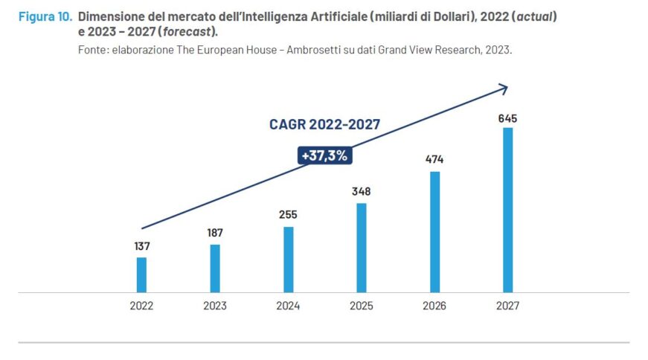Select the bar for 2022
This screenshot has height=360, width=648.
141,274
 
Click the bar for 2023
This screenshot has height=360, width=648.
215,268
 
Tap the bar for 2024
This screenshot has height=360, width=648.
289,259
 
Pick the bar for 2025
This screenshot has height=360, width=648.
362,247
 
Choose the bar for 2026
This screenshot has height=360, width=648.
434,231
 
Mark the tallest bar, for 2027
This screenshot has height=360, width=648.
508,210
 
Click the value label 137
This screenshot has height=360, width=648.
141,245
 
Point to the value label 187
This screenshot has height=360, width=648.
215,233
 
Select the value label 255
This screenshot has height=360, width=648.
289,214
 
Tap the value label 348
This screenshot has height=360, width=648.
362,191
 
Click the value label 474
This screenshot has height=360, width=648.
434,159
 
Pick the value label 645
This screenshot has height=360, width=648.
508,118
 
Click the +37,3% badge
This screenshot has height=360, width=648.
324,155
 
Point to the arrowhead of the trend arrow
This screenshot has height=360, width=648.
504,88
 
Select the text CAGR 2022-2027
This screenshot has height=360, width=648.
324,124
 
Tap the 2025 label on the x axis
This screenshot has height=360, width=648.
362,306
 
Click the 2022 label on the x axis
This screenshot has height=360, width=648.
141,306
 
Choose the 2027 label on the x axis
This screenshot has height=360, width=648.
508,306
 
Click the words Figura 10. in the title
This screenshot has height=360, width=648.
43,16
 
